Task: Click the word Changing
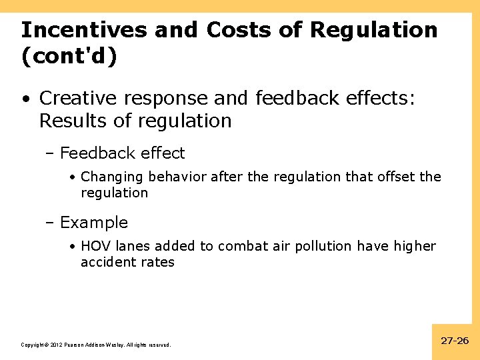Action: coord(112,177)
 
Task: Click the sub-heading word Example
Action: coord(93,223)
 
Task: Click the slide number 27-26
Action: coord(455,341)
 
